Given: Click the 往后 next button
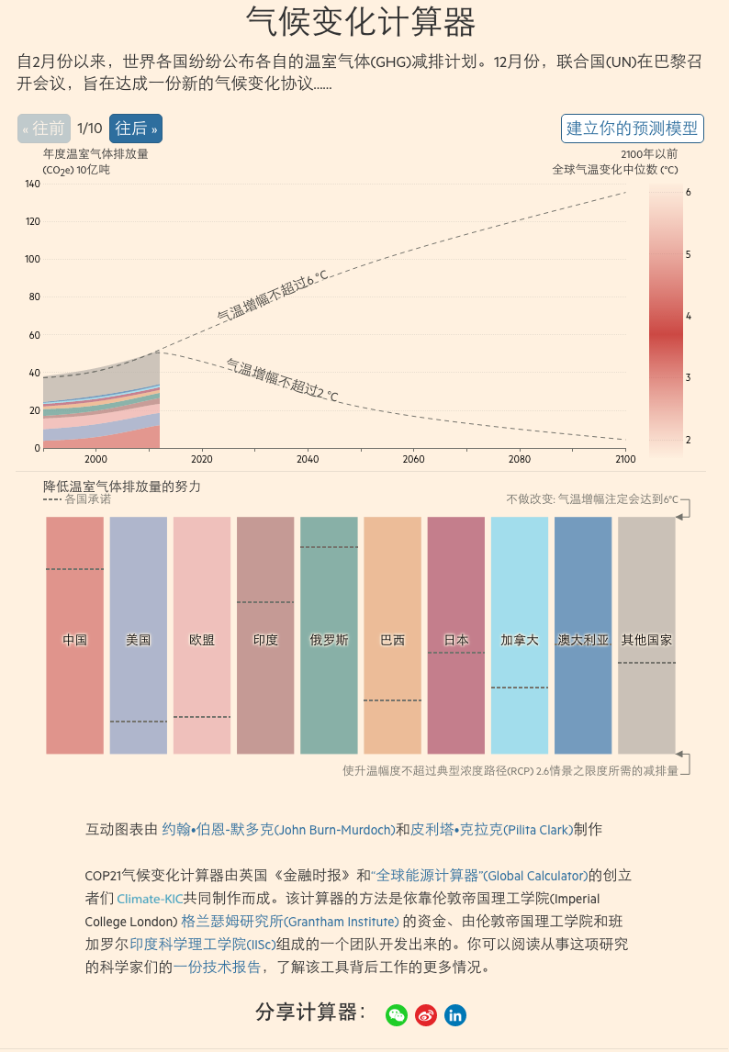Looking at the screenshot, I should (x=135, y=129).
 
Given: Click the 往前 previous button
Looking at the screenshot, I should (x=44, y=129).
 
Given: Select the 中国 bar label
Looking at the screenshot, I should (x=74, y=640).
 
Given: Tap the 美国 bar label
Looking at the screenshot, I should (x=138, y=640).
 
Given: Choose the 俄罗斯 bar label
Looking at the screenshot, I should (x=329, y=640).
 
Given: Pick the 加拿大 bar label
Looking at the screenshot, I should (x=520, y=640).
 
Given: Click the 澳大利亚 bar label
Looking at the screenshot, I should (x=583, y=640).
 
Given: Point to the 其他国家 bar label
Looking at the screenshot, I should (x=646, y=640).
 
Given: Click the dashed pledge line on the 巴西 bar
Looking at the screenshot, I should (x=392, y=700).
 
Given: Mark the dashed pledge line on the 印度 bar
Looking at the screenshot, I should (x=265, y=602).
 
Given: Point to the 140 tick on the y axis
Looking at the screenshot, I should (x=32, y=185).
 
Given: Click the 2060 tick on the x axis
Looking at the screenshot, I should (x=414, y=459).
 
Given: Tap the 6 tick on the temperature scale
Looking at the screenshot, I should (x=688, y=192).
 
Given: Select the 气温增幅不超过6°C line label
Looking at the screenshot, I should (x=272, y=296).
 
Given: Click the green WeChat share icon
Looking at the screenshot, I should (x=396, y=1014).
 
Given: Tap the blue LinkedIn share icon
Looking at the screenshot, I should (x=454, y=1014).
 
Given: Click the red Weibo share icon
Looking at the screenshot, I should (x=425, y=1014).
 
